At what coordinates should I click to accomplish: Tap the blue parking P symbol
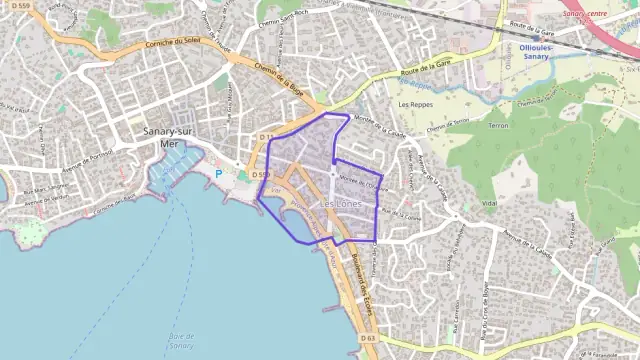click(x=219, y=174)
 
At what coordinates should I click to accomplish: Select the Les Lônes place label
click(x=341, y=204)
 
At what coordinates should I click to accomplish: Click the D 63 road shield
click(x=367, y=339)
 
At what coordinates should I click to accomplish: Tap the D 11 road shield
click(x=266, y=137)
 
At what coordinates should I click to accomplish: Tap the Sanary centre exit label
click(x=586, y=14)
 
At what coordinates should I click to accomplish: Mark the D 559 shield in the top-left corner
click(x=17, y=8)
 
